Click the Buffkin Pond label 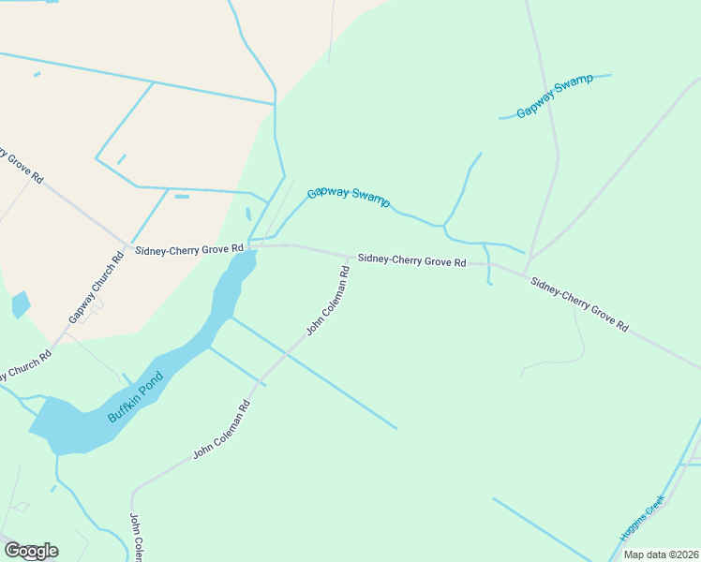136,396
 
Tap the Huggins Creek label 641,518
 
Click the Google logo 31,551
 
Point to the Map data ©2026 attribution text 662,555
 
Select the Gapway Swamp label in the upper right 555,95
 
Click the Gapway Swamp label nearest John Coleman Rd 349,196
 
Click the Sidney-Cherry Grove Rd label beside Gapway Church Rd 189,250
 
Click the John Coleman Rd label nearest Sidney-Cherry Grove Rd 328,301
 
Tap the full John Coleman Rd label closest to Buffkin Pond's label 222,429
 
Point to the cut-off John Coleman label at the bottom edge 136,538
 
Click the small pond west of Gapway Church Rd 21,304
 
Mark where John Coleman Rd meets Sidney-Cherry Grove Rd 350,256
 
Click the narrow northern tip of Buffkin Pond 251,257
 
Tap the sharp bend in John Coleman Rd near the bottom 134,491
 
